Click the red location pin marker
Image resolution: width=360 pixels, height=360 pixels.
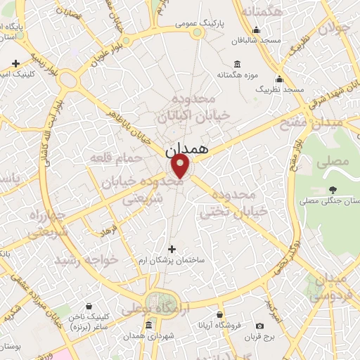tap(181, 167)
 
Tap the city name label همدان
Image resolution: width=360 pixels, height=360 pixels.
tap(188, 150)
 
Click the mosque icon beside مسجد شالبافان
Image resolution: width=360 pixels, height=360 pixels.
tap(256, 30)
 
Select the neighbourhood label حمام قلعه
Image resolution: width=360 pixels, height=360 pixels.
tap(116, 159)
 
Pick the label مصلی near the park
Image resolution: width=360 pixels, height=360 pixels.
tap(333, 161)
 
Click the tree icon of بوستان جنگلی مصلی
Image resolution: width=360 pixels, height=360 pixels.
tap(333, 190)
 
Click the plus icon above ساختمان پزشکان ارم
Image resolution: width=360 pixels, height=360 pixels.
tap(173, 248)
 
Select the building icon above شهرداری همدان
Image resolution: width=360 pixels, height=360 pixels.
tap(148, 325)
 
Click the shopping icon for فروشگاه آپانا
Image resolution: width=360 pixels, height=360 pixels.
tap(220, 314)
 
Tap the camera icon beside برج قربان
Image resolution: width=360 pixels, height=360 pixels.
tap(259, 326)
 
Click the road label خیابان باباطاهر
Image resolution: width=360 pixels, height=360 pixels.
tap(127, 127)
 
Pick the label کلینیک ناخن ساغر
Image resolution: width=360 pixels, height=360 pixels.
tap(89, 322)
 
